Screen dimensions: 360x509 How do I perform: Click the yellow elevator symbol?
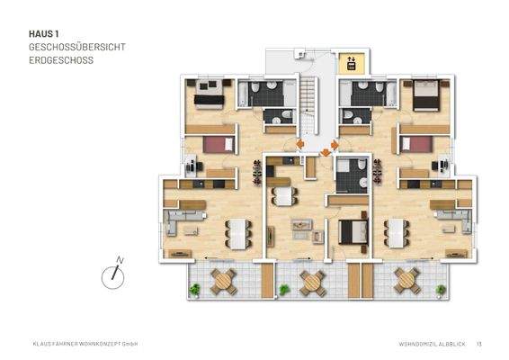click(x=351, y=63)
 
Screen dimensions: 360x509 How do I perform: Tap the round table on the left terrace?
click(x=223, y=282)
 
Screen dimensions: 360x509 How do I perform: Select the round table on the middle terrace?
click(x=312, y=282)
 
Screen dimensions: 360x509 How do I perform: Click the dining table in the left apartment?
click(x=237, y=234)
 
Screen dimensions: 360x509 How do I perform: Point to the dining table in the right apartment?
click(x=397, y=233)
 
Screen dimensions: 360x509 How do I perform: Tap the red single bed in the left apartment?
click(x=217, y=142)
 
